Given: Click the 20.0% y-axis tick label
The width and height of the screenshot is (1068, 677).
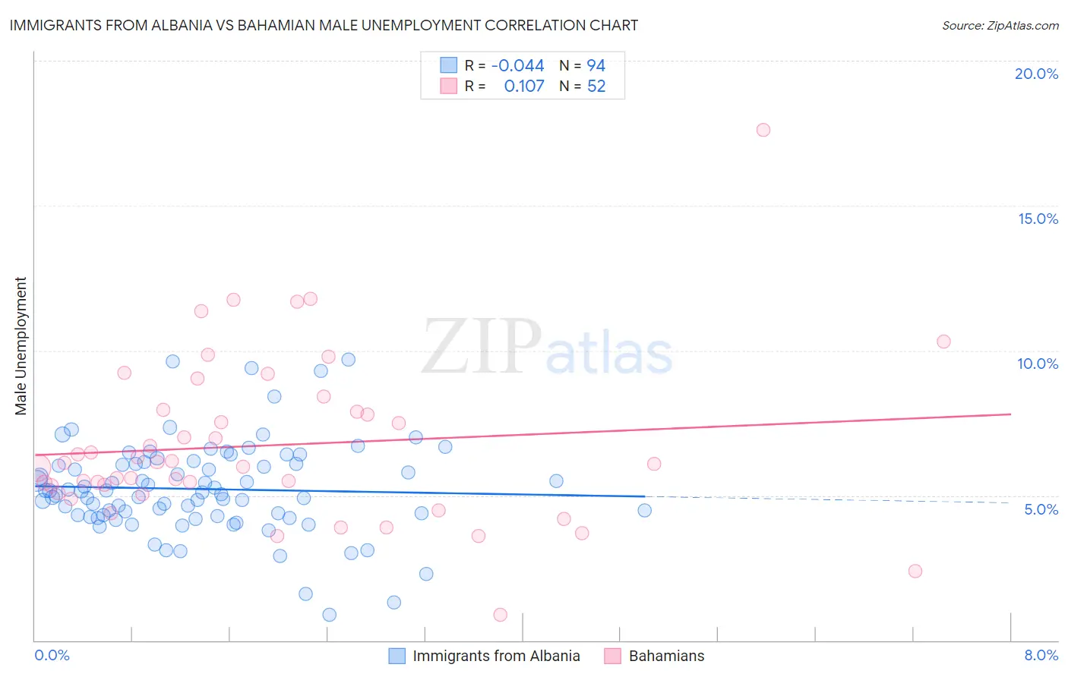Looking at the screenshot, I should click(1036, 74).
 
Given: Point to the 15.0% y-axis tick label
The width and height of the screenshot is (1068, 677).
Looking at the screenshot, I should click(1038, 219).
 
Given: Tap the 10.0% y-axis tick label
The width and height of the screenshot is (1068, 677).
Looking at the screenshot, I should click(1038, 364).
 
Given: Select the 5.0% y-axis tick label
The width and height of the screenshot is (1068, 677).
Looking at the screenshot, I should click(1041, 509).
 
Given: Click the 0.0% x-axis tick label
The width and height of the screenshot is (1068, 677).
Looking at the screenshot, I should click(52, 655).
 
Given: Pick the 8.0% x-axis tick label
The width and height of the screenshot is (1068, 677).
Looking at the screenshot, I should click(1041, 655).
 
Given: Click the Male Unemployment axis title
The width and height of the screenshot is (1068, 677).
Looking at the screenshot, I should click(21, 346).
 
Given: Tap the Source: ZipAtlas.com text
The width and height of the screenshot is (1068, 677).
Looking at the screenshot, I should click(1000, 25).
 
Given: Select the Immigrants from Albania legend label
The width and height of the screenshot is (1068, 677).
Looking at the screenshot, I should click(496, 656).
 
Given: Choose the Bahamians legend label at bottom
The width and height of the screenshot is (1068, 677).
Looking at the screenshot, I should click(666, 656).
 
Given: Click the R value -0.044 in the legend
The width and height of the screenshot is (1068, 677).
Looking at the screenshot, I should click(517, 66).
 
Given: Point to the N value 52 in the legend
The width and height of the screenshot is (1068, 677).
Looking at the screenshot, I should click(596, 87).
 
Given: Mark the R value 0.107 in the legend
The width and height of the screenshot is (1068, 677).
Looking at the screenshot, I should click(524, 87).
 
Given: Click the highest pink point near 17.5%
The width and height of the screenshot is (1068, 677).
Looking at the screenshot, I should click(763, 130).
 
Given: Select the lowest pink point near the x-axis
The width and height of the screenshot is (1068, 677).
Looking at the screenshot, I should click(500, 615).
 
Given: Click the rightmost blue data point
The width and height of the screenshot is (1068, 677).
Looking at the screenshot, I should click(644, 510).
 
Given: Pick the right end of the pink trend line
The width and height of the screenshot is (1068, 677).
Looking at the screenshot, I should click(1010, 414).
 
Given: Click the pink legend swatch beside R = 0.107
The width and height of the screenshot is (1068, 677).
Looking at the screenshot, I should click(449, 87).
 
